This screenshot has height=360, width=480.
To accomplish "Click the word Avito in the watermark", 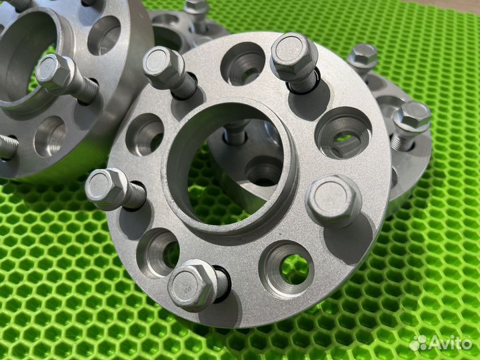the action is click(450, 343).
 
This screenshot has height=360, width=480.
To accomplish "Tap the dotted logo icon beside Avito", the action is click(418, 343).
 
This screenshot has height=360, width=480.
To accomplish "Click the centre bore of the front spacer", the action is click(229, 166).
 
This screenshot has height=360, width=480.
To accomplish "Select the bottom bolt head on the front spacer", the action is click(191, 285).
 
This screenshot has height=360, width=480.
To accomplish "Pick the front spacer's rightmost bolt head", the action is click(334, 201).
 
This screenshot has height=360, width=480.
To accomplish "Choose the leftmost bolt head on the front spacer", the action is click(106, 189).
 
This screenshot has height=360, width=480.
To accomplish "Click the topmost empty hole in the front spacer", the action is click(243, 64).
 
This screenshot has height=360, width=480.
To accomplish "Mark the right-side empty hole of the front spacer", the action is click(343, 133).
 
